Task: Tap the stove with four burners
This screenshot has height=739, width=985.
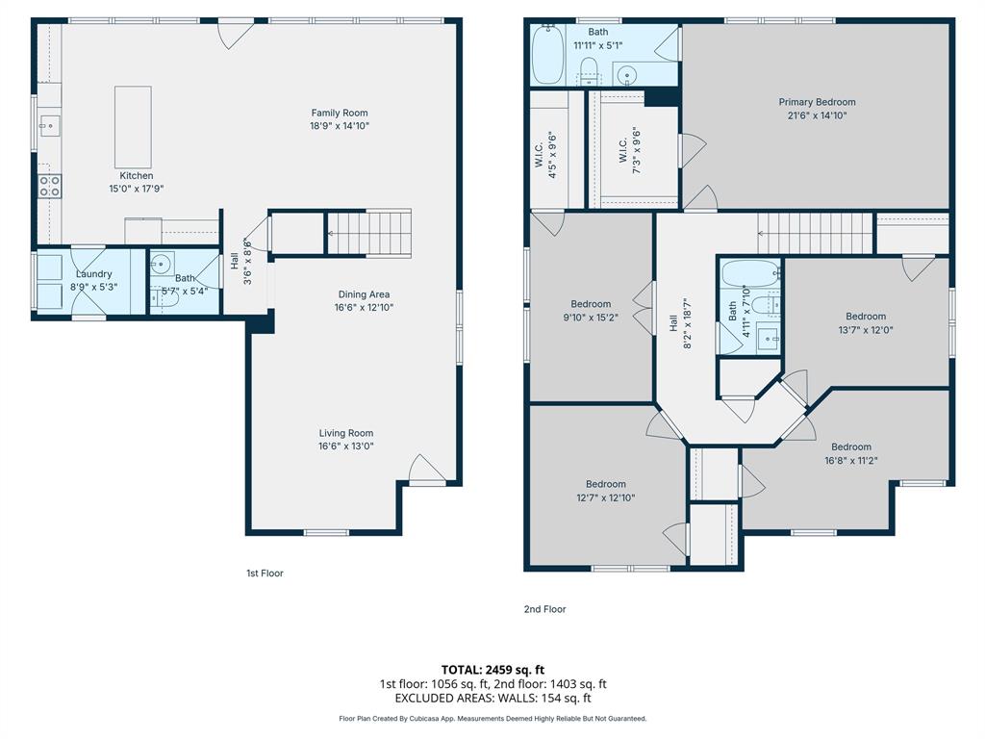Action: tap(50, 186)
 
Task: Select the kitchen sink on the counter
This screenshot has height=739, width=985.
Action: tap(49, 126)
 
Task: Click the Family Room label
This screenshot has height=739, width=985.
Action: tap(340, 114)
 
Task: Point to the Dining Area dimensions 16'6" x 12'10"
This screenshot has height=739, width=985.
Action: tap(364, 307)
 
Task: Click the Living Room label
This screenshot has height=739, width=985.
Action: tap(346, 433)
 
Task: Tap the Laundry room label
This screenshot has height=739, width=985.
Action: tap(93, 274)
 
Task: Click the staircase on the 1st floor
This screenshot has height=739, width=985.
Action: tap(369, 233)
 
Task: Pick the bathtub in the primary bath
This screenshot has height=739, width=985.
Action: tap(547, 54)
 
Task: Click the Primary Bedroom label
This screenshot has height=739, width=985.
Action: tap(817, 102)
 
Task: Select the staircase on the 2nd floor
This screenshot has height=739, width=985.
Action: tap(816, 233)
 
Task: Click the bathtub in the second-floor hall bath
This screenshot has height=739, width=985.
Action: tap(750, 273)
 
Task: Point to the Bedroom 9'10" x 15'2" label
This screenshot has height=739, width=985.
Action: tap(591, 311)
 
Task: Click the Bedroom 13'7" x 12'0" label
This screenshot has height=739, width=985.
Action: tap(866, 323)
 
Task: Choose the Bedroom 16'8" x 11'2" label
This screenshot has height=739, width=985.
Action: tap(851, 454)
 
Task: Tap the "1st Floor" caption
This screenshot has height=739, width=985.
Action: tap(265, 573)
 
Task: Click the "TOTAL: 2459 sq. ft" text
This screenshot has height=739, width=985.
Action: tap(492, 670)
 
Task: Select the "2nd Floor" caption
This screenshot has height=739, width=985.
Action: tap(544, 609)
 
